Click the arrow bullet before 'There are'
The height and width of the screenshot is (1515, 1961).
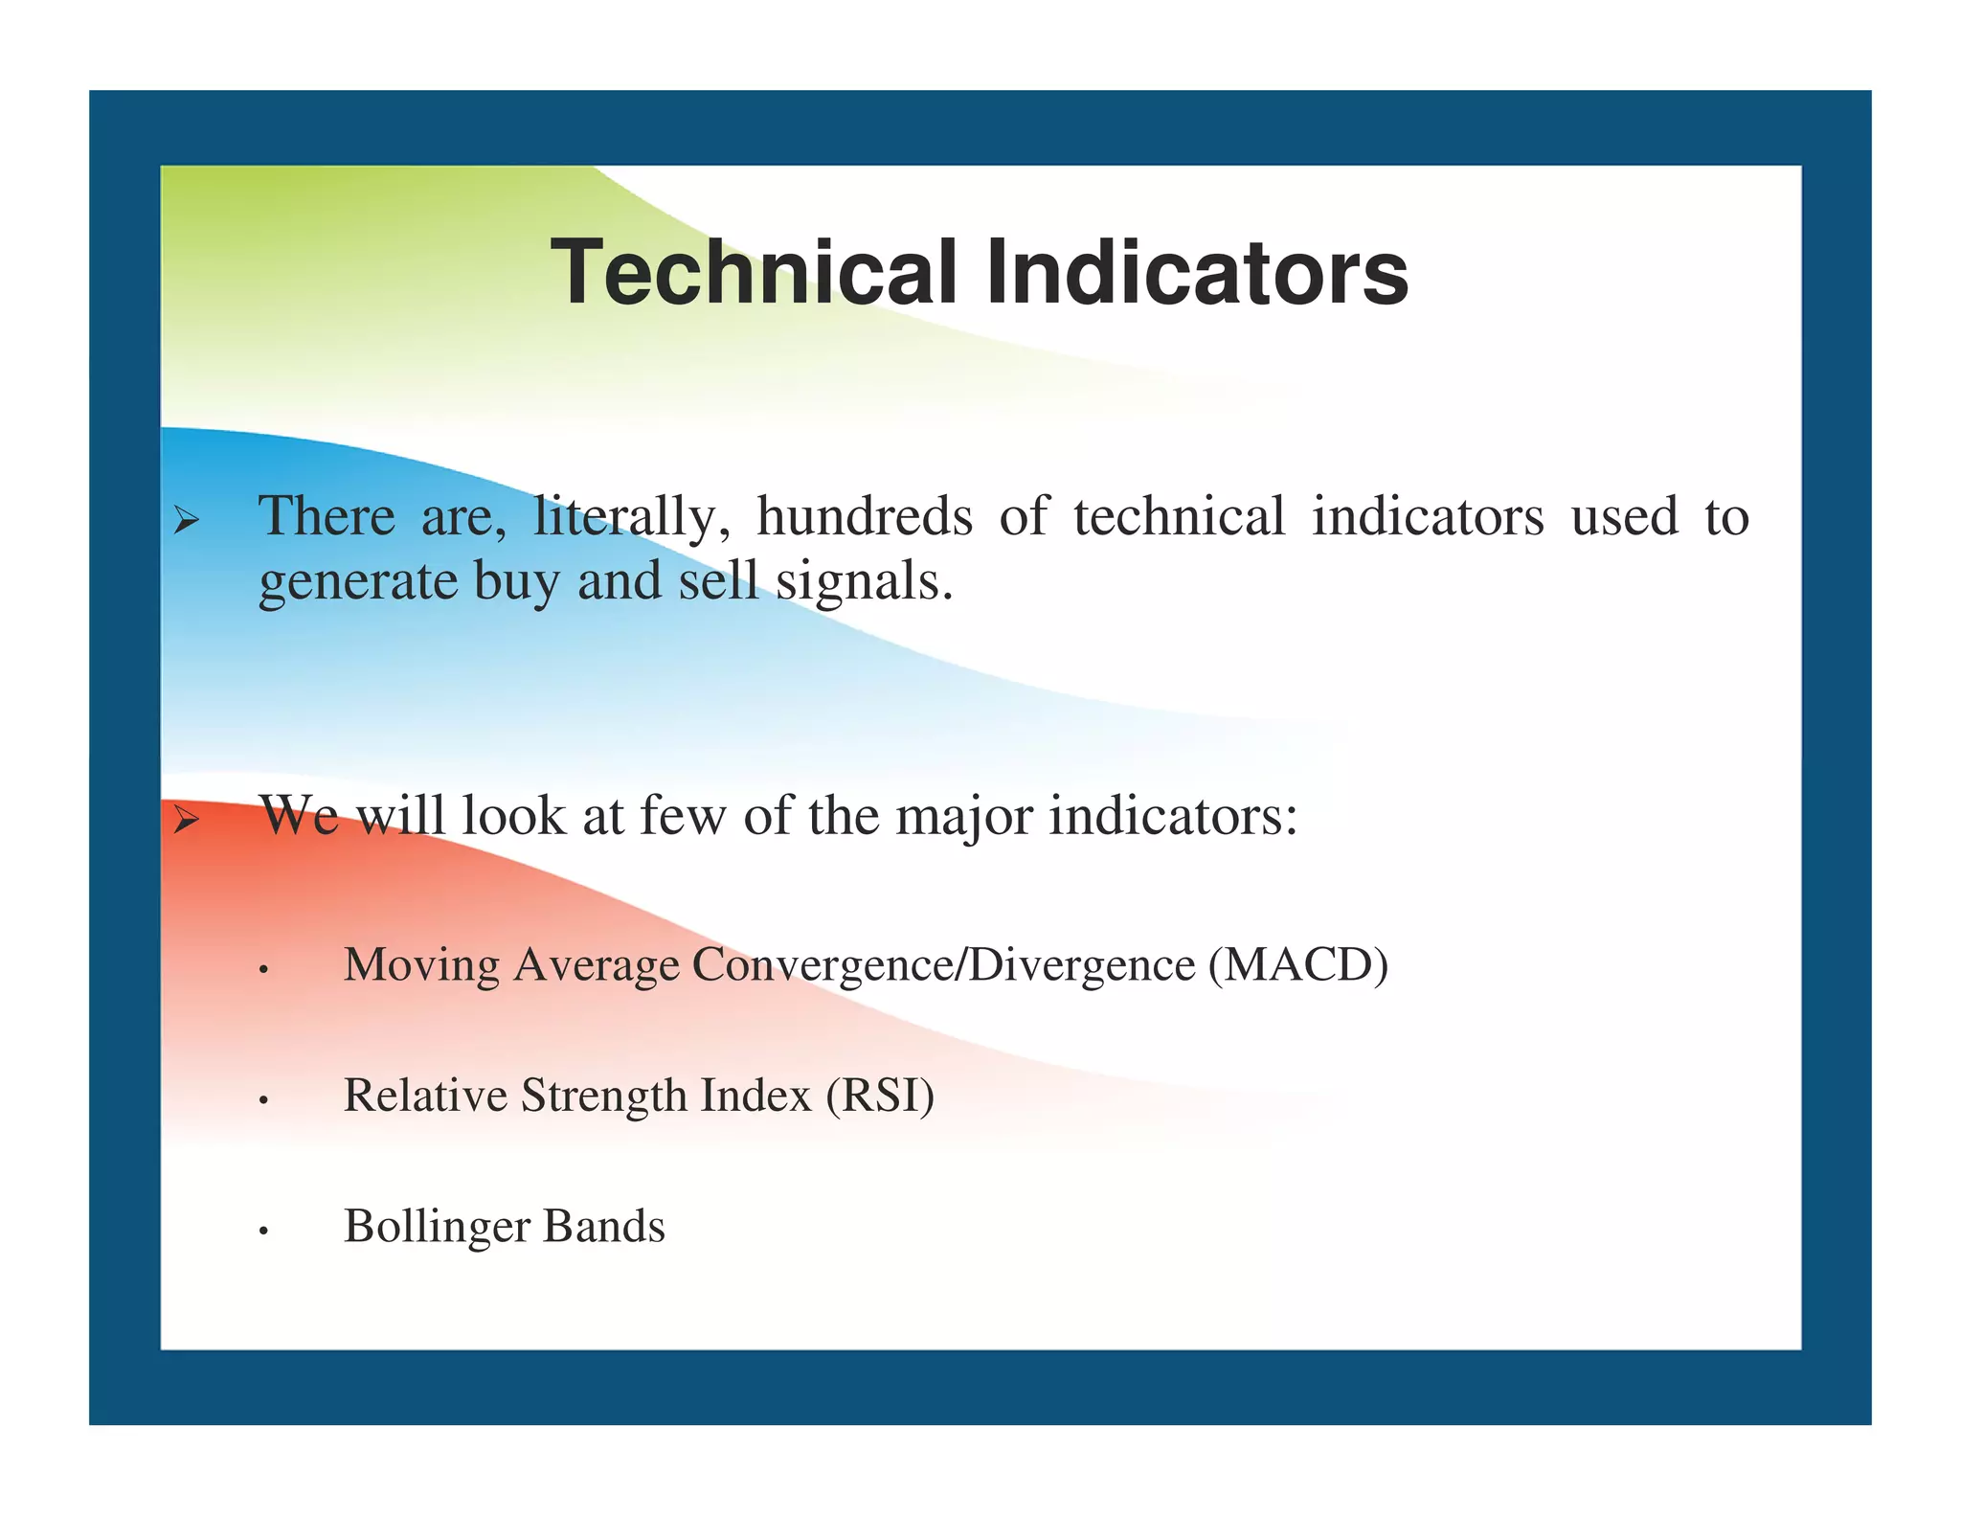pos(186,522)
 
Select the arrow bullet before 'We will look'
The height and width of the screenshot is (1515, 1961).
pos(186,820)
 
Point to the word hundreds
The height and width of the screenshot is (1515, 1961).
pos(864,516)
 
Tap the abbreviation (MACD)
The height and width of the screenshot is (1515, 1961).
pos(1297,965)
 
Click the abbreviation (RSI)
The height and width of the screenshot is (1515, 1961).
pos(880,1096)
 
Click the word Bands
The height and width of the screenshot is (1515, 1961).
pos(603,1227)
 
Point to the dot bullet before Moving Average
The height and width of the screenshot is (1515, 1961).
pos(262,971)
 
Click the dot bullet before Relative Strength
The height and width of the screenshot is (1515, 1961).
pos(262,1101)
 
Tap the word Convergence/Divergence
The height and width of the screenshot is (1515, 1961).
pos(943,965)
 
